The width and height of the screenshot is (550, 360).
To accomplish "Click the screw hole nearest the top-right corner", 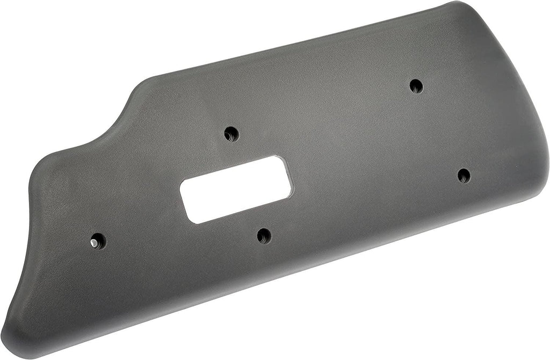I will click(x=416, y=86).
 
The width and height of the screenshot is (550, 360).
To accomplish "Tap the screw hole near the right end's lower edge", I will click(x=464, y=175).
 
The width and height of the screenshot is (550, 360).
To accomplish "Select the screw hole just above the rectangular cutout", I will click(x=231, y=133).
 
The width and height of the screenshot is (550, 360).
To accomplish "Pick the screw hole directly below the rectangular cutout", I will click(x=264, y=235).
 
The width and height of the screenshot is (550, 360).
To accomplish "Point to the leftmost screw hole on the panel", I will click(x=98, y=241).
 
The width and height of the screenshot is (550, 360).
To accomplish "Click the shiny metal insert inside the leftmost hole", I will click(x=95, y=243).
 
